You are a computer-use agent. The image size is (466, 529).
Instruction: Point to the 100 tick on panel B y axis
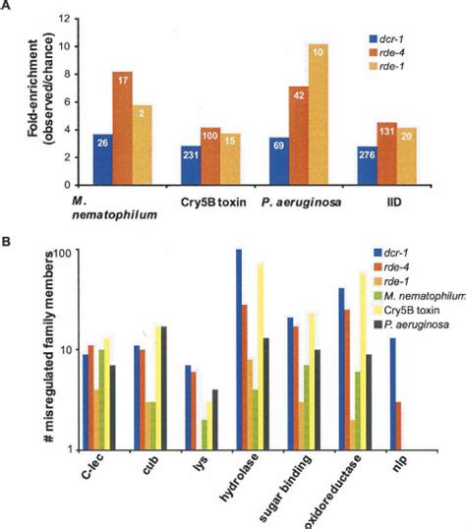tap(67, 253)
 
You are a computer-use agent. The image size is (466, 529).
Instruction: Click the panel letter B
tap(11, 237)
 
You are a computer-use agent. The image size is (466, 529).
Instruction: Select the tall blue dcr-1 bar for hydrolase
tap(237, 349)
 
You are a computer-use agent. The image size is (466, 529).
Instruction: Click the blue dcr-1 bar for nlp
tap(393, 393)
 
